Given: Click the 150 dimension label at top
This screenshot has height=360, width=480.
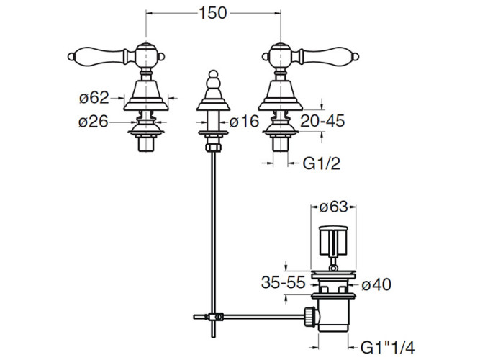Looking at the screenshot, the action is [x=213, y=13].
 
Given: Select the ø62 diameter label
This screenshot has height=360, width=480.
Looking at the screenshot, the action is [x=94, y=98].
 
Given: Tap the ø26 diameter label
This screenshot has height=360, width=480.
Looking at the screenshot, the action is [x=94, y=122].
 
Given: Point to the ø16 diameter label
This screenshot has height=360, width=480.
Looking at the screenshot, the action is [x=244, y=121].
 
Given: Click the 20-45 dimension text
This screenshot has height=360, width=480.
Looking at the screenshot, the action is [x=322, y=121].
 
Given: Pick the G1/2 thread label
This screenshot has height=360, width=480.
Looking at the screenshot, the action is [x=322, y=163].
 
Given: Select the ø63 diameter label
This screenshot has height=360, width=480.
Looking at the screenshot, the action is [x=334, y=207].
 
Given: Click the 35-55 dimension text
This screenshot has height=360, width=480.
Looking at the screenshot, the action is [x=284, y=282].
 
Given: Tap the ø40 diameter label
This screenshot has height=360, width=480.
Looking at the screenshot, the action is [x=376, y=284].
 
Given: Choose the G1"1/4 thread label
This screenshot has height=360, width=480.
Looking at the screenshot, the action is [x=388, y=348].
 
